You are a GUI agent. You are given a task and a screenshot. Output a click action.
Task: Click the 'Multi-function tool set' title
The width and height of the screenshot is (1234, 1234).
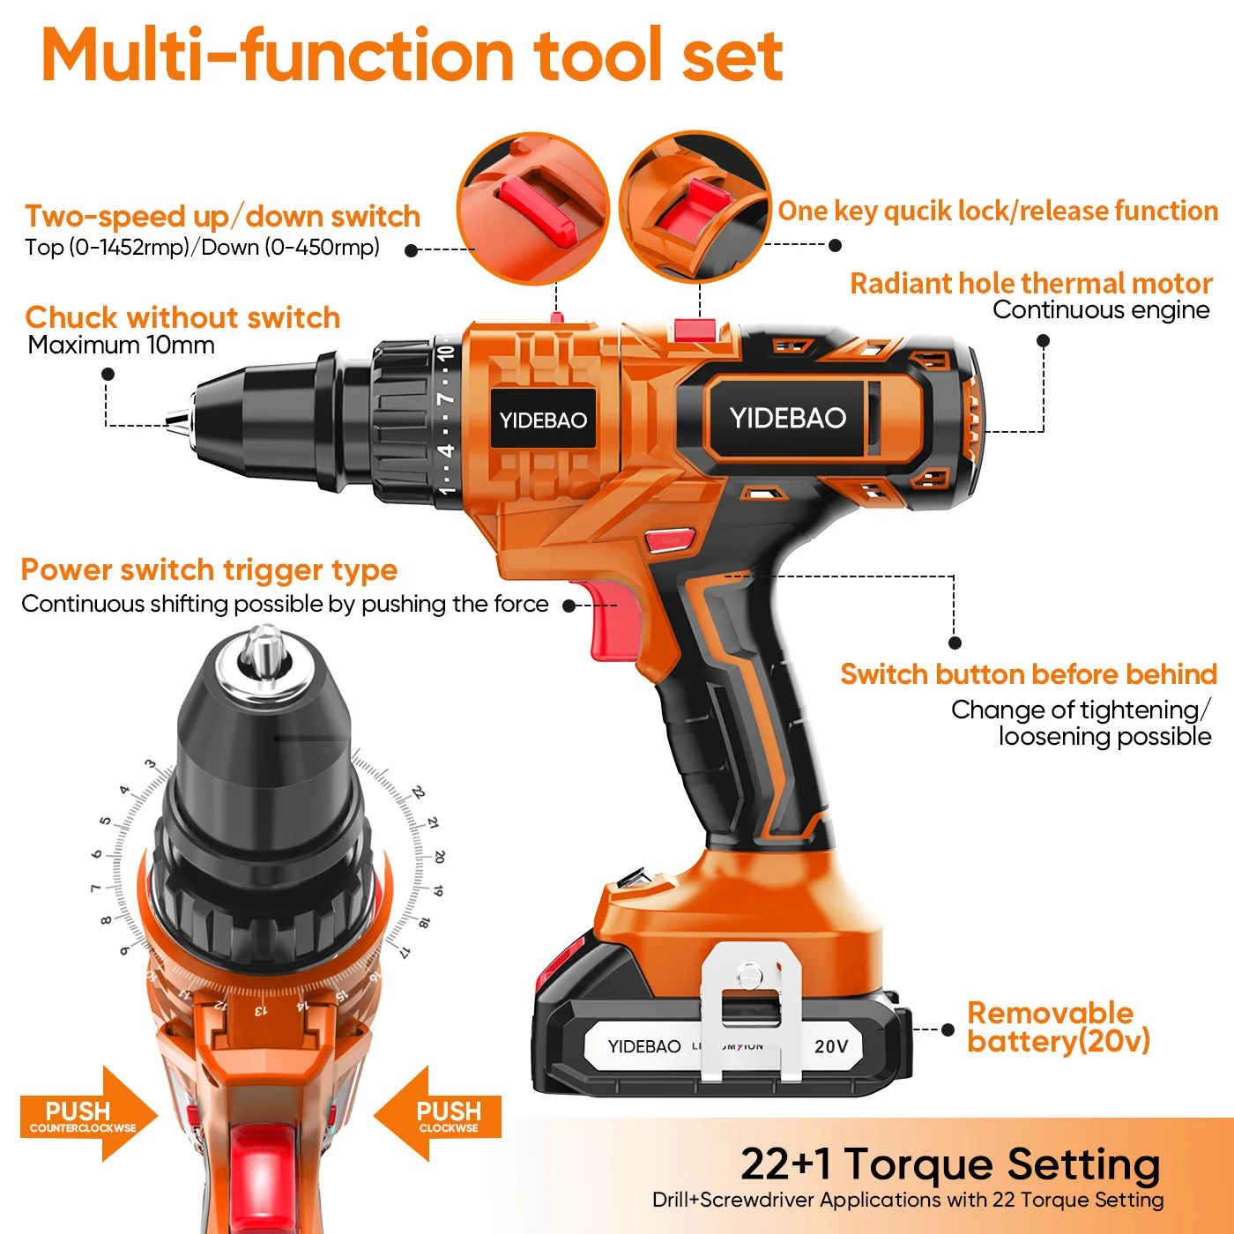(x=412, y=55)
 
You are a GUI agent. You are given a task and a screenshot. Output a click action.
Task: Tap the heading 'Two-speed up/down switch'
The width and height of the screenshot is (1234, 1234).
(x=222, y=216)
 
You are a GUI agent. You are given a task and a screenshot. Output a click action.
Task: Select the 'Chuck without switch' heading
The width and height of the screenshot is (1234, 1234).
(x=182, y=317)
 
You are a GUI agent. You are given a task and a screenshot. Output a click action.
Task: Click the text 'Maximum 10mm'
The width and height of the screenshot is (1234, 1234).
(x=121, y=345)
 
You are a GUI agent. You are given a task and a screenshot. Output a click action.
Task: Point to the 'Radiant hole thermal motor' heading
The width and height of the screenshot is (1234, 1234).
(x=1030, y=283)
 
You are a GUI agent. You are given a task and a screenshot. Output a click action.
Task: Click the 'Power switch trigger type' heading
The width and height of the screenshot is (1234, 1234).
(x=209, y=569)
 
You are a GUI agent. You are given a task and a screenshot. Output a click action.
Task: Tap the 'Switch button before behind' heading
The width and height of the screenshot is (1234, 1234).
(x=1028, y=674)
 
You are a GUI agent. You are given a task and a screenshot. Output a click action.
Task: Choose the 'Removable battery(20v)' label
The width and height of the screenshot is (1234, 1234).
(x=1058, y=1027)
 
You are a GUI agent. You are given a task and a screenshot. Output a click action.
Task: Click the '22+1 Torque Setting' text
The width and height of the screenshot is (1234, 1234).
(x=950, y=1163)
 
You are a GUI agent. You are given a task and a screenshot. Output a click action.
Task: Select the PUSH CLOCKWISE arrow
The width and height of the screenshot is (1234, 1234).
(x=440, y=1115)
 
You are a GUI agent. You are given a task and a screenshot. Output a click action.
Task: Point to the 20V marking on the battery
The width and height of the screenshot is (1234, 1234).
(x=830, y=1046)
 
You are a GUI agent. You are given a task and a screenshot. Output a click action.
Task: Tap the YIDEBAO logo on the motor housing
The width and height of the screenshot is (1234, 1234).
(x=787, y=418)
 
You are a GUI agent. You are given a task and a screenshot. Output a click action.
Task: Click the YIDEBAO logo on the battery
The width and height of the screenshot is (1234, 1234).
(x=644, y=1046)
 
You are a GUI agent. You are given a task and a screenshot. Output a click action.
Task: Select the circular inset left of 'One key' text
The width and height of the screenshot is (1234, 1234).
(x=694, y=207)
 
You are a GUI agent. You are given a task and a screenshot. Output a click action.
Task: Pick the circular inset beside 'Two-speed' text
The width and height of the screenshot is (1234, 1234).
(x=532, y=209)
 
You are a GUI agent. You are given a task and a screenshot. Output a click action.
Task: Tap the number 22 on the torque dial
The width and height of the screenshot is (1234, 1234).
(x=419, y=792)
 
